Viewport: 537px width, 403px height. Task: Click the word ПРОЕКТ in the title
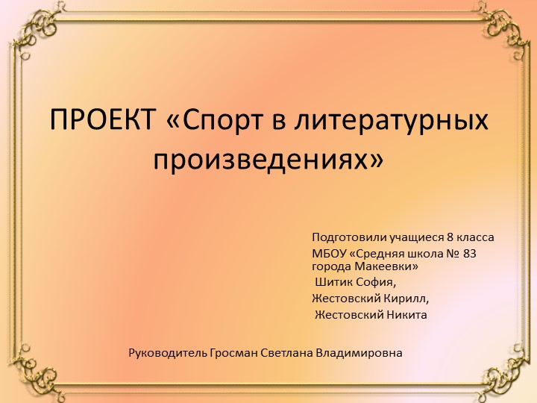[104, 119]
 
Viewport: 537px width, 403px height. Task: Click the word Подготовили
[348, 238]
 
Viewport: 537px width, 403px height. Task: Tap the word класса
[476, 238]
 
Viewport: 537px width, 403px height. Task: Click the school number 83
[469, 254]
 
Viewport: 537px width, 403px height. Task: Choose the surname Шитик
[332, 283]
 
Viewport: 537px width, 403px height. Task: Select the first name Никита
[406, 314]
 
